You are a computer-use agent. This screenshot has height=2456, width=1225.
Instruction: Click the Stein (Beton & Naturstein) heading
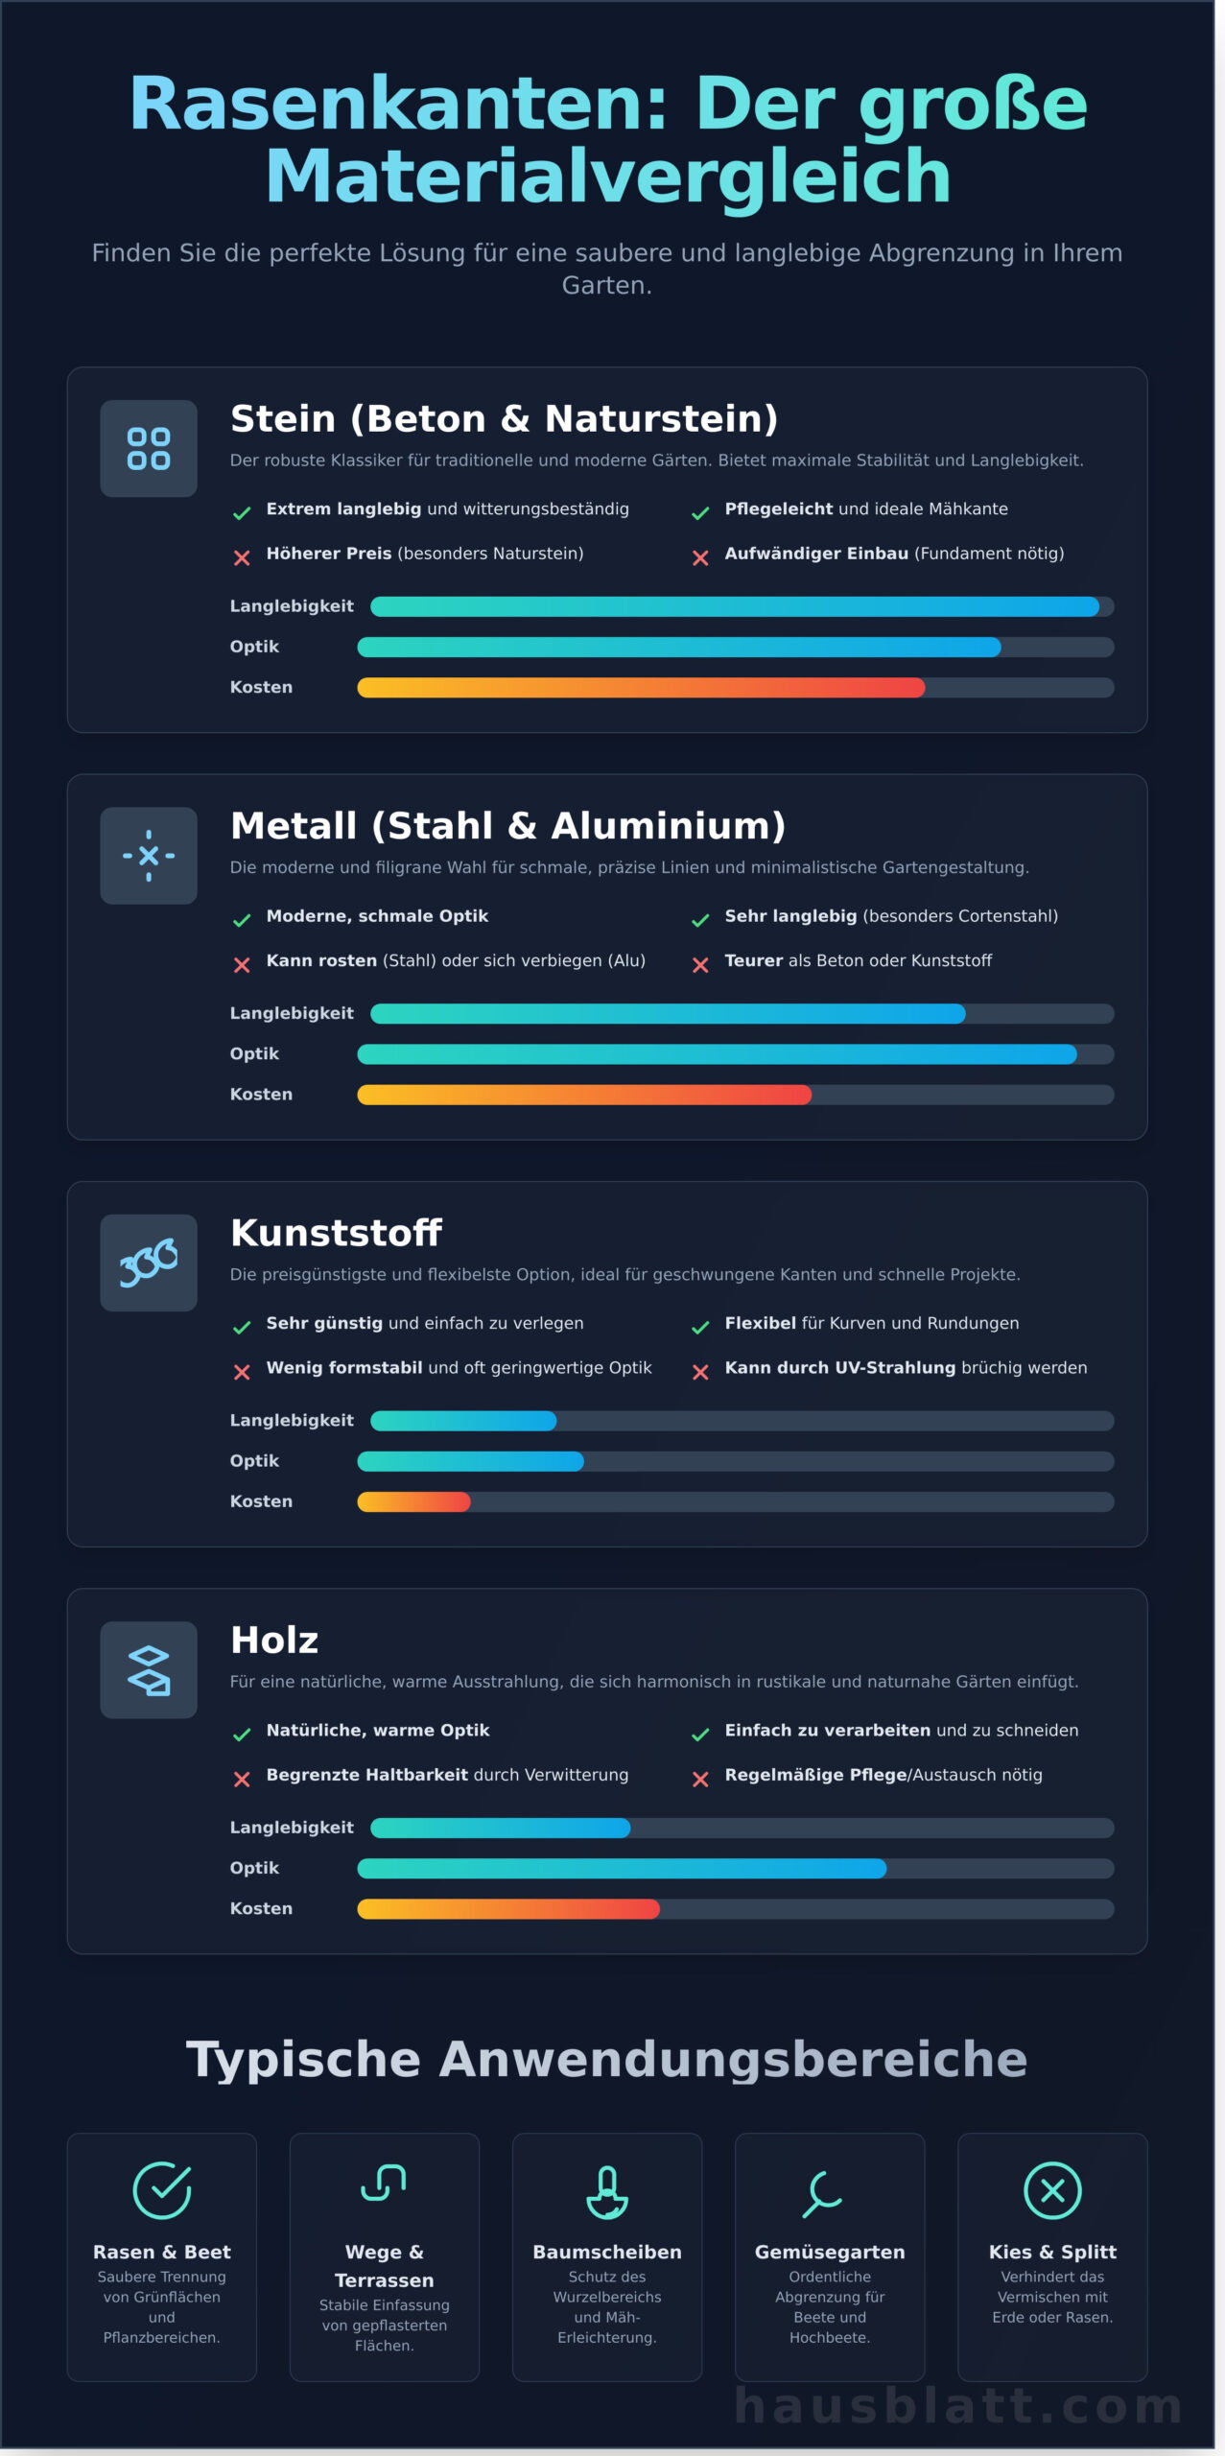[x=504, y=419]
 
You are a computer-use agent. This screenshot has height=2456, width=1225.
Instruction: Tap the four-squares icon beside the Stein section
[x=149, y=448]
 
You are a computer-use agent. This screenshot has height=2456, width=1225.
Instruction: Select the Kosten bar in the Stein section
[x=641, y=688]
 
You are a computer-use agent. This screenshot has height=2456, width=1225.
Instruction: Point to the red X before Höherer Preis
[x=242, y=557]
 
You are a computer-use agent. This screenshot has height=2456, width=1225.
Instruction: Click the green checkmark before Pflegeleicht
[x=700, y=513]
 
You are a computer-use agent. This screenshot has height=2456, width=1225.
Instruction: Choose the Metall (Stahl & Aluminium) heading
[x=507, y=826]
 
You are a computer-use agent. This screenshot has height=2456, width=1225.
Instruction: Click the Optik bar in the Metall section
[x=717, y=1054]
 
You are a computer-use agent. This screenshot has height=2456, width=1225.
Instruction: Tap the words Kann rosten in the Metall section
[x=321, y=960]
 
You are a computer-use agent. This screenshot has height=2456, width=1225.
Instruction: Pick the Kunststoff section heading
[x=336, y=1233]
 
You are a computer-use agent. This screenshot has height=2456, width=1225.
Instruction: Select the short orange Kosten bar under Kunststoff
[x=413, y=1501]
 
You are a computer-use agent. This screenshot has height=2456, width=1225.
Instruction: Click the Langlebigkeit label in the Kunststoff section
[x=292, y=1420]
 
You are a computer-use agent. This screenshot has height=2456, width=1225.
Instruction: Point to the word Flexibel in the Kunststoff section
[x=760, y=1323]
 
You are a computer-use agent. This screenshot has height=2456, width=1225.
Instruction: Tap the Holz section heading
[x=274, y=1641]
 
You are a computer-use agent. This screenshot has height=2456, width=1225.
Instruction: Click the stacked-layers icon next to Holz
[x=149, y=1669]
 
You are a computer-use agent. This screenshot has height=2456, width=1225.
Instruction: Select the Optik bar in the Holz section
[x=622, y=1868]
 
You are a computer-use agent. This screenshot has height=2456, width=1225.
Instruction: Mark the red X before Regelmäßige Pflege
[x=700, y=1779]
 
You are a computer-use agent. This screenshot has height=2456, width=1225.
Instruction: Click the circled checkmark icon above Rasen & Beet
[x=161, y=2190]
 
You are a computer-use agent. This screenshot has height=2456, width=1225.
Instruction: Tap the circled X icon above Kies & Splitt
[x=1052, y=2190]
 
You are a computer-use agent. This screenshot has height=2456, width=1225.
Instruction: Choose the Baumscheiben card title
[x=607, y=2252]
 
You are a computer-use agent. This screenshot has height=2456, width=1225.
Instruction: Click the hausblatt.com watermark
[x=958, y=2407]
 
